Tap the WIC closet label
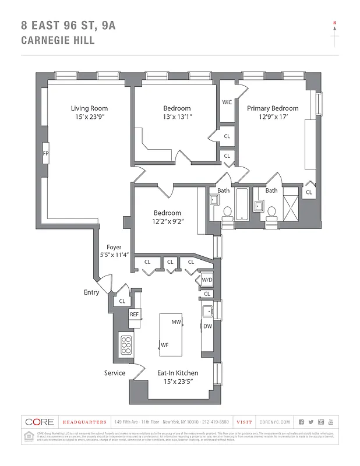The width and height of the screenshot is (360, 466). point(227,103)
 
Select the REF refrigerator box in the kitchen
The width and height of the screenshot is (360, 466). point(134,315)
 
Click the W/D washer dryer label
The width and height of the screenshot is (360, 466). point(207,280)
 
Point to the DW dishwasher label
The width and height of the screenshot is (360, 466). point(207,326)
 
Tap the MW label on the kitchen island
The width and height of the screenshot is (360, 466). point(176,322)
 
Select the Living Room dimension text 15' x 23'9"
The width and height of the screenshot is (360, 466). point(89,117)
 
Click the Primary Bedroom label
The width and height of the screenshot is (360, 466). point(272,108)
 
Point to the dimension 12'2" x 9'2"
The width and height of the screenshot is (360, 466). point(167,221)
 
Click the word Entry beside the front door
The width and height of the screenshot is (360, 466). point(91,292)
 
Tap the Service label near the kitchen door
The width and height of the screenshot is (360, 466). point(115,373)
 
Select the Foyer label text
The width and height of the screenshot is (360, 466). point(114,247)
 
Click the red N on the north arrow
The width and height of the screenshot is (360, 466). point(334,23)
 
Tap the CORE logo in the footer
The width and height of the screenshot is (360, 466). point(39,422)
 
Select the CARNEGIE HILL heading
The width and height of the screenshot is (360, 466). point(57,41)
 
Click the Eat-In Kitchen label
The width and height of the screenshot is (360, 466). point(178,373)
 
